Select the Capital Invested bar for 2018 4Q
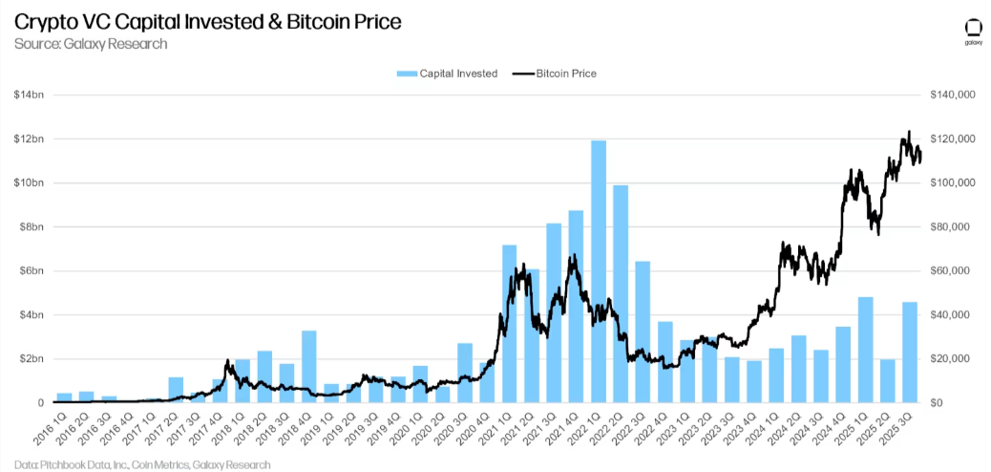pyautogui.click(x=309, y=367)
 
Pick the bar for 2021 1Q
pyautogui.click(x=510, y=325)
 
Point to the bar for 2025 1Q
pyautogui.click(x=866, y=351)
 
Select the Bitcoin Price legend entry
pyautogui.click(x=555, y=74)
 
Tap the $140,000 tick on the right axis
pyautogui.click(x=952, y=96)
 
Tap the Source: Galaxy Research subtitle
pyautogui.click(x=91, y=43)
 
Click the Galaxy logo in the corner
pyautogui.click(x=973, y=29)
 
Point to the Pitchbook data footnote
pyautogui.click(x=142, y=464)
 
